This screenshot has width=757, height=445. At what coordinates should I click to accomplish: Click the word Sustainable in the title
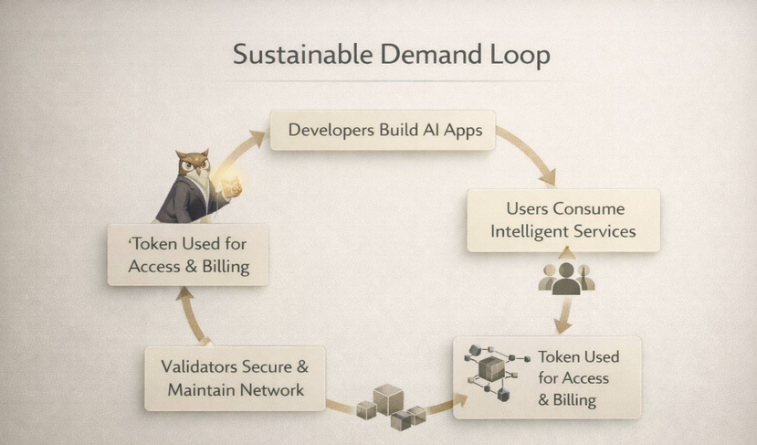tap(302, 54)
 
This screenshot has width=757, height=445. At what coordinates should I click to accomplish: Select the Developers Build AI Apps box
tap(383, 130)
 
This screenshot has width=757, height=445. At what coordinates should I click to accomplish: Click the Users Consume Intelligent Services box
tap(563, 220)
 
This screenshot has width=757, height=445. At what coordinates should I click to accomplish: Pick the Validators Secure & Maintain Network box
tap(235, 378)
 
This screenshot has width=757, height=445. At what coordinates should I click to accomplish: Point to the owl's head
tap(193, 164)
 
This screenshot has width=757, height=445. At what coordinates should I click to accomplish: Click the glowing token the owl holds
tap(230, 186)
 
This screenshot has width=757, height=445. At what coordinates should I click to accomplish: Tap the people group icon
tap(566, 279)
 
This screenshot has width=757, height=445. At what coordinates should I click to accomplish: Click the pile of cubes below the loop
tap(390, 407)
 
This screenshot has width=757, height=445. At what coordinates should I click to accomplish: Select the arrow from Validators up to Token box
tap(193, 315)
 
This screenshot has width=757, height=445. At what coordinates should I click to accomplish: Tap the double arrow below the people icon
tap(564, 314)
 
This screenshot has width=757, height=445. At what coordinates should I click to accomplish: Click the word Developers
tap(331, 131)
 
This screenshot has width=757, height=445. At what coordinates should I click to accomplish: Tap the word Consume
tap(588, 208)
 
